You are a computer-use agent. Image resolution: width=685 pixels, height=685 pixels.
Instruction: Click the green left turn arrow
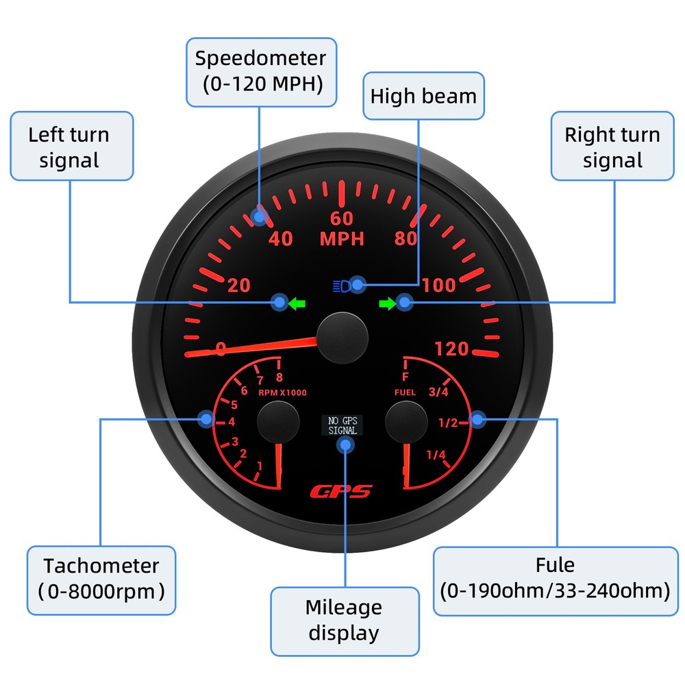click(x=297, y=302)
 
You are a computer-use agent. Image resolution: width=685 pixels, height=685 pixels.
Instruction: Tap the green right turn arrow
click(x=387, y=302)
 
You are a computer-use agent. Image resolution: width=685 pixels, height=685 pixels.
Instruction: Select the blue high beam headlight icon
click(x=341, y=284)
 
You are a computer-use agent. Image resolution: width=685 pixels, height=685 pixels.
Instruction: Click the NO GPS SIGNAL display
click(x=342, y=425)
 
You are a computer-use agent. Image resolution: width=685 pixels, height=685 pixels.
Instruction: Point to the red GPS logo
click(x=340, y=491)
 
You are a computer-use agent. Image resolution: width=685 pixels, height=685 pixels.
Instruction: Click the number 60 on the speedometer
click(x=342, y=219)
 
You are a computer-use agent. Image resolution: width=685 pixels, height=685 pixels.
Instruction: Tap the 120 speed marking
click(x=452, y=349)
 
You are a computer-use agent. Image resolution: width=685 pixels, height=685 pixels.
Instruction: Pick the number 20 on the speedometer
click(x=238, y=285)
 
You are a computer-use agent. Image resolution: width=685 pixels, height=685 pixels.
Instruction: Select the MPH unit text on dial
click(x=342, y=239)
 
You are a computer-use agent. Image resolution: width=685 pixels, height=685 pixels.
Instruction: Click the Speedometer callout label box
click(x=261, y=71)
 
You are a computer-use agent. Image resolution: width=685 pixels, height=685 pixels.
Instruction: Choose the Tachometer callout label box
click(x=101, y=579)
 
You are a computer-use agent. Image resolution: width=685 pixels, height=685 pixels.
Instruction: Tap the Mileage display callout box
click(x=344, y=620)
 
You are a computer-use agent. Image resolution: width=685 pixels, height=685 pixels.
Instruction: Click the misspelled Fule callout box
click(x=555, y=579)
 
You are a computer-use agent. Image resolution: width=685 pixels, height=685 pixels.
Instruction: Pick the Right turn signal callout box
click(x=612, y=147)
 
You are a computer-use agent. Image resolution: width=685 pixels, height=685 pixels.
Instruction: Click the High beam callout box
click(x=423, y=96)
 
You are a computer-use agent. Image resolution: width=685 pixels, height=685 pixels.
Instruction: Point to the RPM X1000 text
click(x=282, y=393)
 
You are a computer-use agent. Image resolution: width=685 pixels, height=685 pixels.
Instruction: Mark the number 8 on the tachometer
click(x=279, y=376)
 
